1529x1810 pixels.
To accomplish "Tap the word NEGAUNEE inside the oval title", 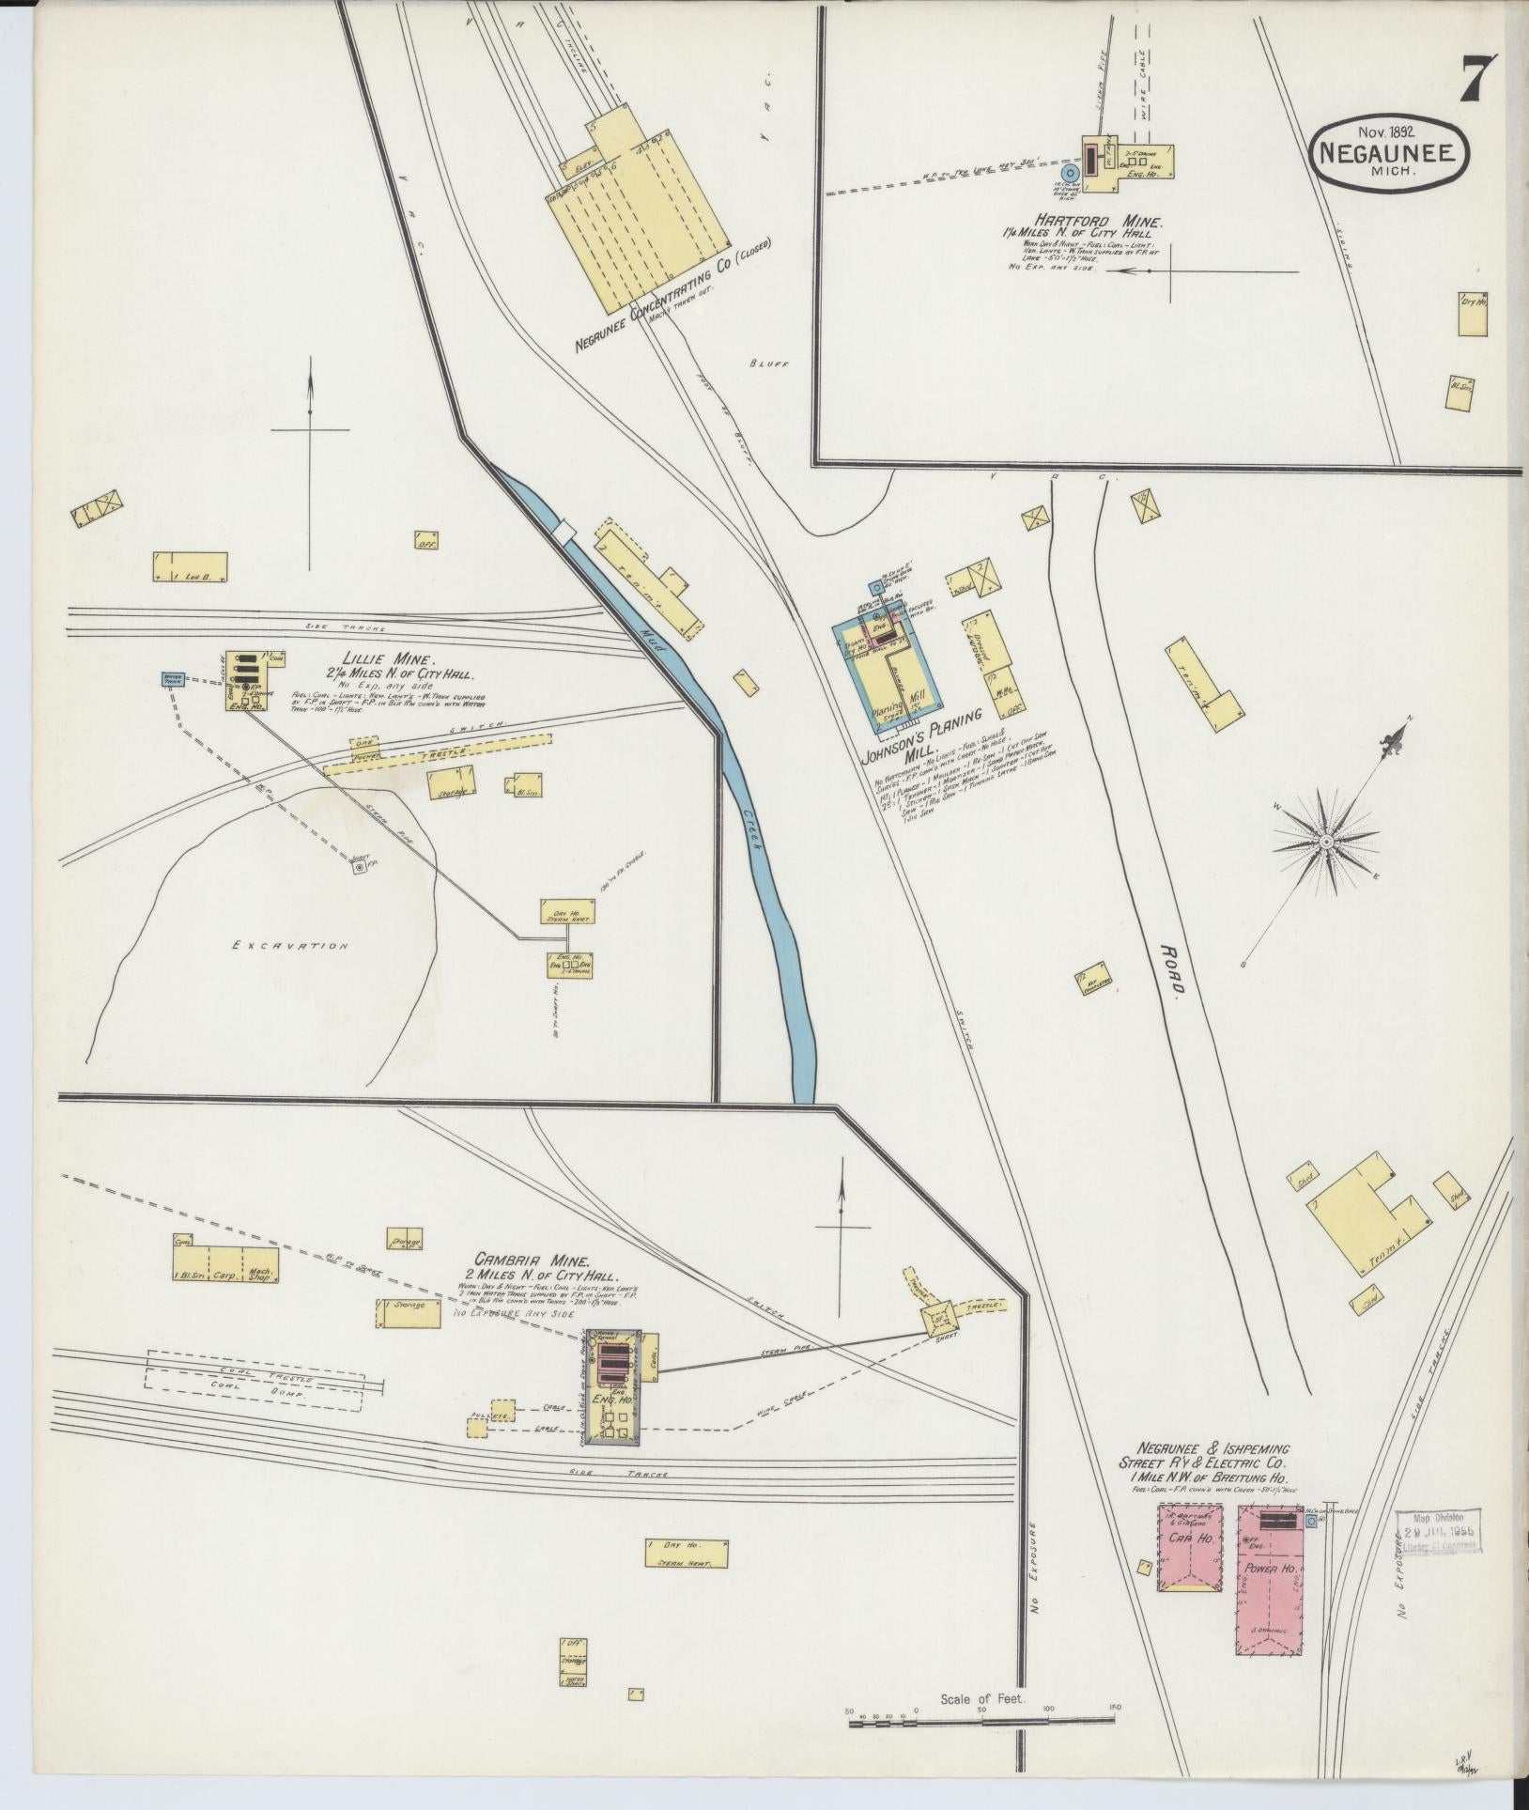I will (1390, 153).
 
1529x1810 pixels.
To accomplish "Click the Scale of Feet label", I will (983, 1699).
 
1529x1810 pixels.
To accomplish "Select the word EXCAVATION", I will (290, 946).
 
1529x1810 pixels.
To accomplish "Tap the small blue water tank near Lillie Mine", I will (174, 677).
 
